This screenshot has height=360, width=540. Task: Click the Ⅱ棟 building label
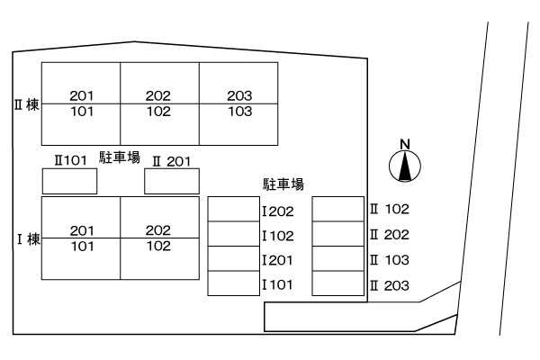click(x=26, y=105)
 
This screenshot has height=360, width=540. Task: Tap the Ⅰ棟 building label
click(x=29, y=239)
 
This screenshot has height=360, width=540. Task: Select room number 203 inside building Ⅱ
click(x=239, y=95)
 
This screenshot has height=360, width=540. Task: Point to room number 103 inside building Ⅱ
click(x=240, y=112)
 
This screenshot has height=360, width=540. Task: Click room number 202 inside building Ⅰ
click(x=158, y=230)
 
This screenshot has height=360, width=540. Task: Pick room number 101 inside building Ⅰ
click(x=83, y=246)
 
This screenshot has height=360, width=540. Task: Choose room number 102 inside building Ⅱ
click(x=158, y=112)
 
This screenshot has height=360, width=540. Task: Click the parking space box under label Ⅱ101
click(x=69, y=181)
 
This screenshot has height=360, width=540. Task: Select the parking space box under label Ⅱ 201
click(x=172, y=181)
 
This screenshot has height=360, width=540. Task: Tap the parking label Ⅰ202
click(x=278, y=211)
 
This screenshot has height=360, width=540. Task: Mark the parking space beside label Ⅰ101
click(x=233, y=283)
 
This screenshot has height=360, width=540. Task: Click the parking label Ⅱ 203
click(x=390, y=285)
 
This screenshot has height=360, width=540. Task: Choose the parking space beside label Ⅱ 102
click(x=338, y=209)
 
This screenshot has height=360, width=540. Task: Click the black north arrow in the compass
click(x=405, y=166)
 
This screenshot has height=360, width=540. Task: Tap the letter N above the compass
click(x=405, y=144)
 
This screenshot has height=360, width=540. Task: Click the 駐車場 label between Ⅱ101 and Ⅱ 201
click(x=120, y=157)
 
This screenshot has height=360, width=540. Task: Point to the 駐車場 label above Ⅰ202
click(x=283, y=184)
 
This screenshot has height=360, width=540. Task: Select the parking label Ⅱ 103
click(x=390, y=260)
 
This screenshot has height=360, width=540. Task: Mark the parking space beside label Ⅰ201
click(x=233, y=258)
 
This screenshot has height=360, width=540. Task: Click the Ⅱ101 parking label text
click(x=70, y=160)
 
